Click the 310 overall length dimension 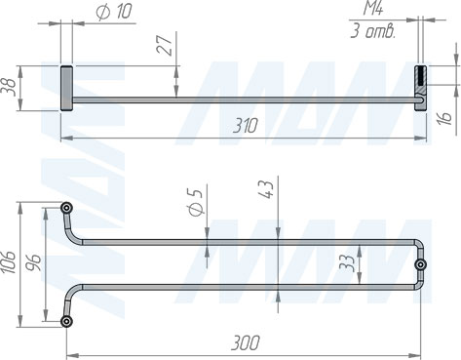click(246, 126)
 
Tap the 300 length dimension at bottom click(246, 342)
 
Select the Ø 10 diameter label click(114, 12)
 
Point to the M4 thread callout click(373, 8)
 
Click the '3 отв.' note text click(373, 31)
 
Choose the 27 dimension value click(165, 45)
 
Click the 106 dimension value click(9, 262)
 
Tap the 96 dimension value click(34, 262)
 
